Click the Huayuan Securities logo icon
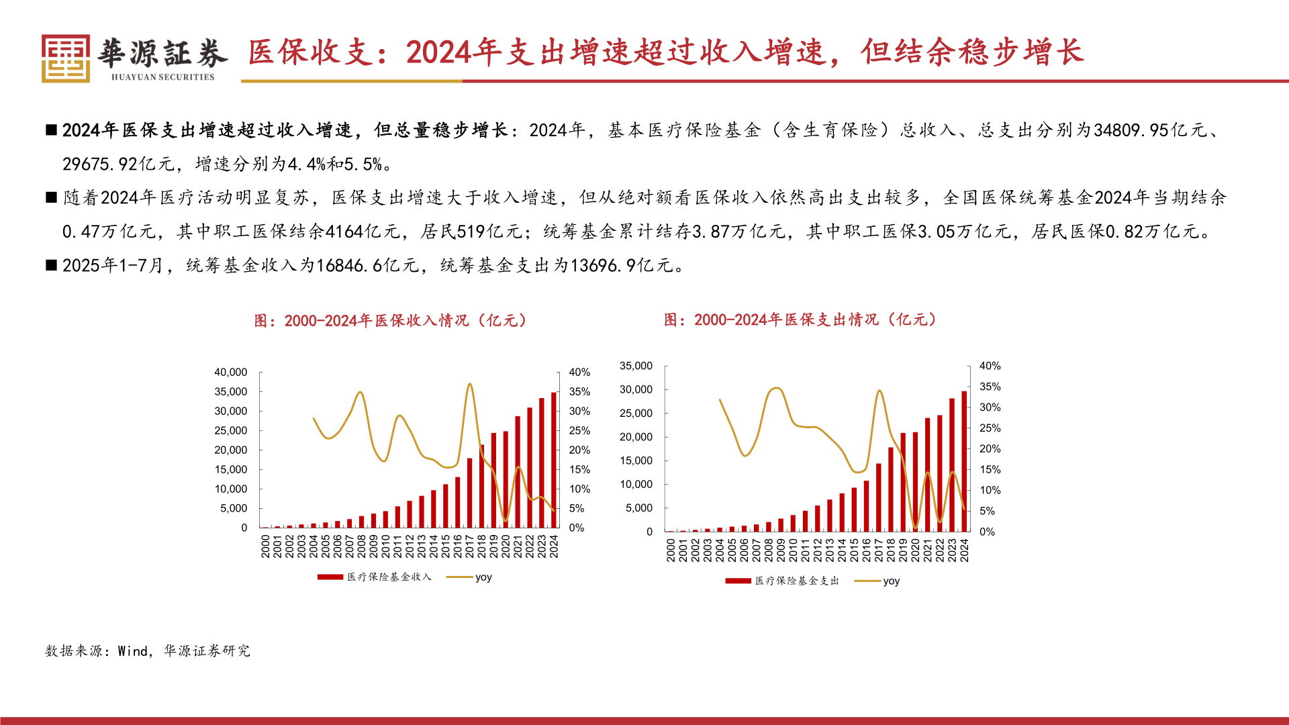point(65,59)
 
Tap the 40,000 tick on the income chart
point(230,372)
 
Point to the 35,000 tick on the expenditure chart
point(635,366)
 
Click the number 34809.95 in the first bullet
point(1131,130)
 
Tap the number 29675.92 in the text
point(99,164)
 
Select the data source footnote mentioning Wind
point(148,650)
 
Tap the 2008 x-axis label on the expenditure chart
point(769,550)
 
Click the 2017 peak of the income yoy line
point(469,385)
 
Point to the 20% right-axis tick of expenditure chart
point(989,448)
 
